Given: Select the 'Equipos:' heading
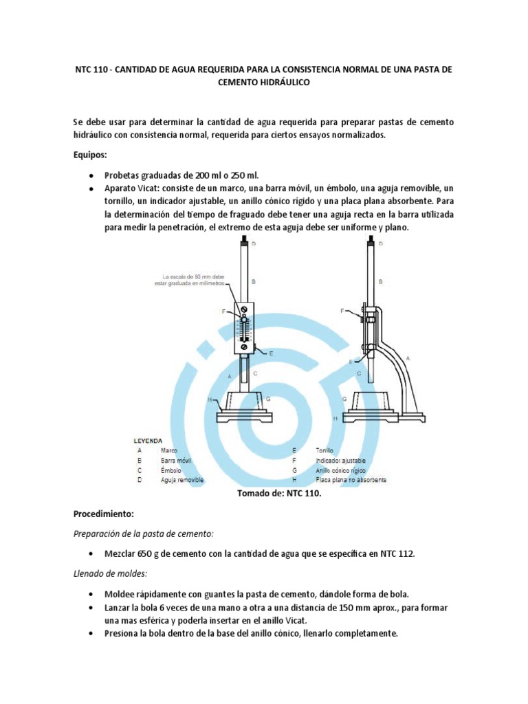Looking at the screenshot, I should (x=91, y=155).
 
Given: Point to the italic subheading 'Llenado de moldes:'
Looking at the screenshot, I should (x=108, y=573).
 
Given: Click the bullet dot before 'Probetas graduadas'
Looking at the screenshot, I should (x=91, y=175).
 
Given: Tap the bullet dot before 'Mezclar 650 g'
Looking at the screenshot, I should (x=91, y=553).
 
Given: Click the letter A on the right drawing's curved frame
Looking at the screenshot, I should (x=408, y=358).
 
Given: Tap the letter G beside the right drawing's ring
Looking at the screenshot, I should (x=344, y=399).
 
